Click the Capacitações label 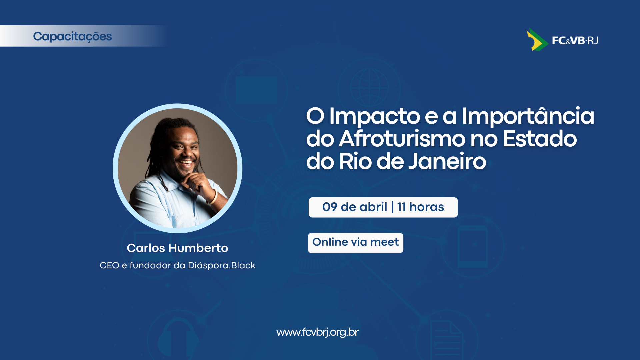click(x=72, y=36)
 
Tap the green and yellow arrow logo click(x=537, y=40)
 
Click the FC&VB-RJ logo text click(x=575, y=41)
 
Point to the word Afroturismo click(x=402, y=139)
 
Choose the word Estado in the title click(x=540, y=139)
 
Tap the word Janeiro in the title click(x=447, y=161)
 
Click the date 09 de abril click(x=355, y=207)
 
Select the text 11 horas click(x=421, y=207)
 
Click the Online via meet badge click(x=355, y=243)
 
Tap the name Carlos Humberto click(x=177, y=248)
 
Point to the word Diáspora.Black click(x=222, y=265)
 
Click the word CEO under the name click(x=109, y=265)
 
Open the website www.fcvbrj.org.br click(x=317, y=332)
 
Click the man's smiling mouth click(x=186, y=163)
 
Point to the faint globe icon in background click(x=369, y=87)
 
